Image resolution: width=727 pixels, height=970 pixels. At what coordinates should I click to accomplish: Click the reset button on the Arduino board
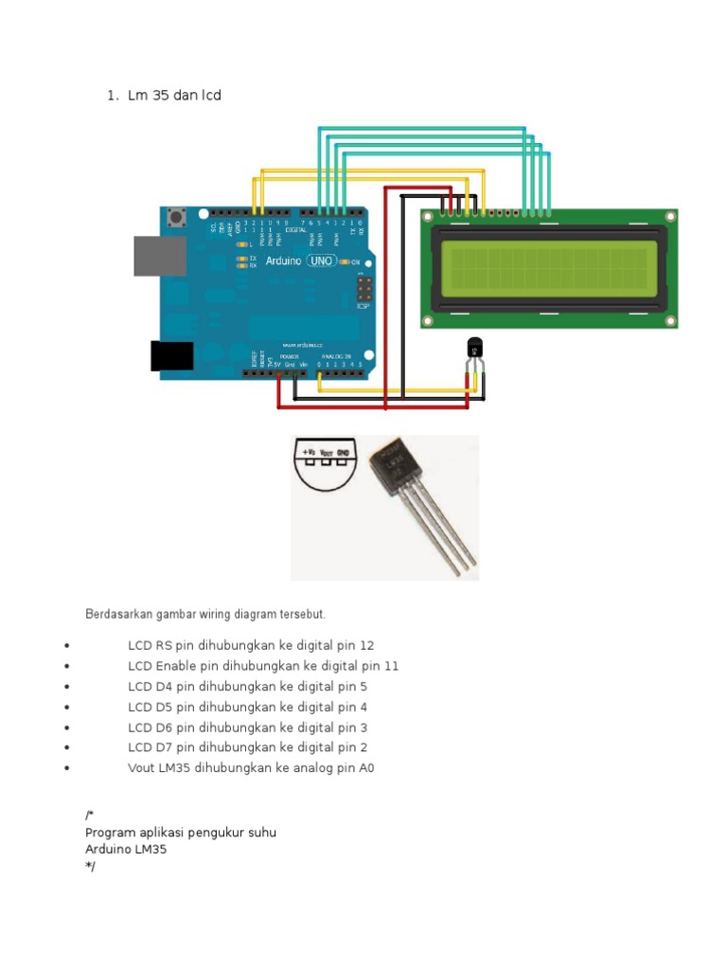(175, 219)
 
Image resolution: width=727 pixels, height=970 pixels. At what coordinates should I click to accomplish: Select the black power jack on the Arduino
(171, 355)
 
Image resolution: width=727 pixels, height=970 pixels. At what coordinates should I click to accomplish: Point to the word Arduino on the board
(283, 260)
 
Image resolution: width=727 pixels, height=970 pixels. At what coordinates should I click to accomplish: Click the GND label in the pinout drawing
(343, 454)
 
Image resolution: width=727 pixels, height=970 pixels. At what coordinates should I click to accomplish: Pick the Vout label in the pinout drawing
(326, 454)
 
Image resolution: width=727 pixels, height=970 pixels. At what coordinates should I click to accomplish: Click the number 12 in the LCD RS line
(367, 645)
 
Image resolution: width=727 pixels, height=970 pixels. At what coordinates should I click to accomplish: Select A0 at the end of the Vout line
(366, 768)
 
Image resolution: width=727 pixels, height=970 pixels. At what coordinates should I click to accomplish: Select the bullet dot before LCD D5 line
(67, 708)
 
